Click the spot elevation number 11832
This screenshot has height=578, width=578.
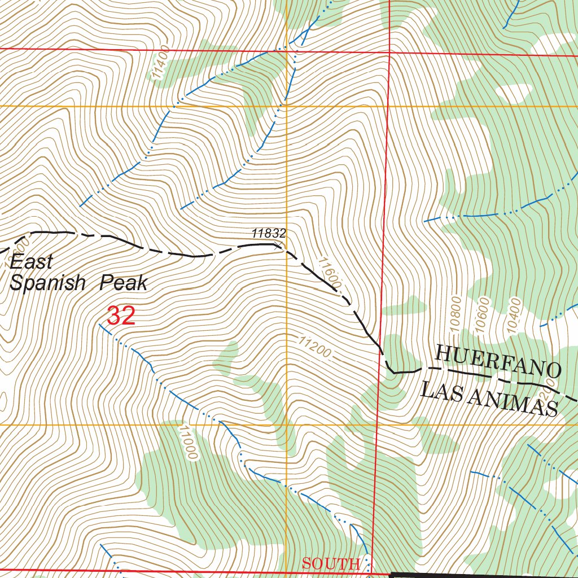[x=269, y=233]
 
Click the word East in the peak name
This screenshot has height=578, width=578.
[x=32, y=262]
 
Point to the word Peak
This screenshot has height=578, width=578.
[x=123, y=283]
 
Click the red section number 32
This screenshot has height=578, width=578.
[x=121, y=316]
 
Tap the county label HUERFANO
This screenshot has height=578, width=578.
[x=498, y=362]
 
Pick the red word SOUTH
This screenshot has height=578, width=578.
[x=330, y=563]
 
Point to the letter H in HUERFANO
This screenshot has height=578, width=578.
[x=443, y=354]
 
